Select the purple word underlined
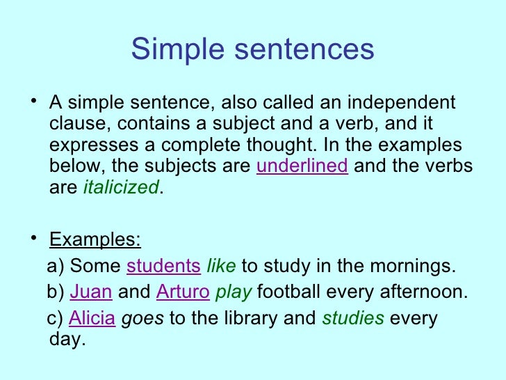pos(302,167)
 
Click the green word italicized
pos(121,188)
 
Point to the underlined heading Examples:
pos(95,241)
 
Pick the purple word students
pos(163,266)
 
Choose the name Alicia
pos(92,319)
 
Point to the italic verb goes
pos(143,319)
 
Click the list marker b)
pos(54,292)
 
